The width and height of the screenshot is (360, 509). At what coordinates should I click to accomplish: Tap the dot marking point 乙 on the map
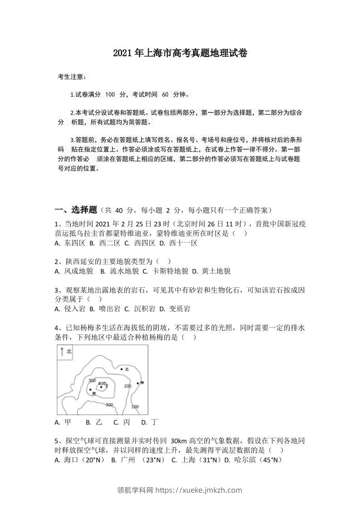(122, 369)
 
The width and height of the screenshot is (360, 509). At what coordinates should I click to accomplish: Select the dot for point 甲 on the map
(138, 383)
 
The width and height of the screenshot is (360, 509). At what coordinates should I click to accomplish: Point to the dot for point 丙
(91, 389)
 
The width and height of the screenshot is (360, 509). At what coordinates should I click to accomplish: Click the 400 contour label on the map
(101, 383)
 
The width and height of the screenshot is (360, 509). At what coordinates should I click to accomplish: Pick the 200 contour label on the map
(128, 386)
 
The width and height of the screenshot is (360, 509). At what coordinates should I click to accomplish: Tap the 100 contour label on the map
(135, 406)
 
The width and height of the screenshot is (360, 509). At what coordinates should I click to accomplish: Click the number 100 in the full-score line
(110, 94)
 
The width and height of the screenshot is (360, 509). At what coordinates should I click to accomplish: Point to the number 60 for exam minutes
(165, 94)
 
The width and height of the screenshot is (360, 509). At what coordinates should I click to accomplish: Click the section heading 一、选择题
(76, 210)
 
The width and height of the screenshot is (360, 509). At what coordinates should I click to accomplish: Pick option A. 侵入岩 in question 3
(70, 309)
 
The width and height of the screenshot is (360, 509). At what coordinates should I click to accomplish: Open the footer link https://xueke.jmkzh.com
(199, 490)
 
